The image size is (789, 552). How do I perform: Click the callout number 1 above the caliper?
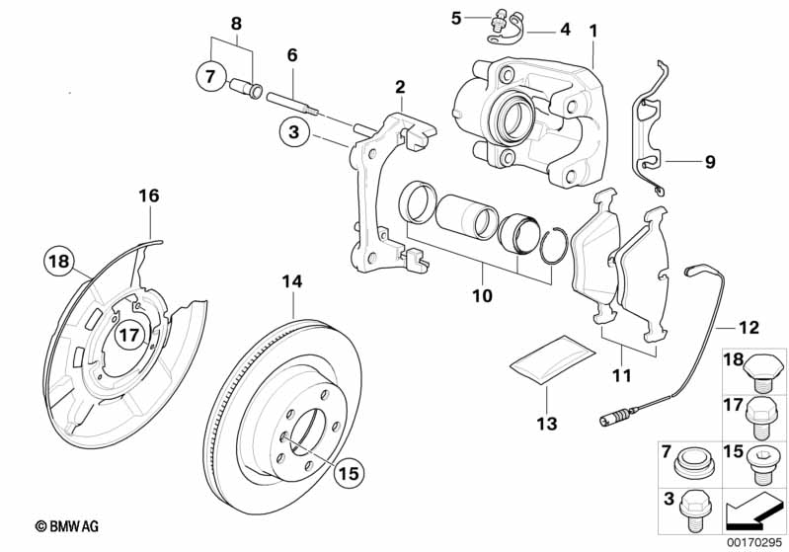tap(593, 31)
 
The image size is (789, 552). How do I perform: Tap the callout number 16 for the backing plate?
tap(148, 197)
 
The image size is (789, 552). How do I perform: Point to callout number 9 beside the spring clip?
tap(709, 161)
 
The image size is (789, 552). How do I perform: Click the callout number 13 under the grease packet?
tap(547, 424)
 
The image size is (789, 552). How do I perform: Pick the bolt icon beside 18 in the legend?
tap(764, 370)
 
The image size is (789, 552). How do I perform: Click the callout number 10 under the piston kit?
tap(483, 295)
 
